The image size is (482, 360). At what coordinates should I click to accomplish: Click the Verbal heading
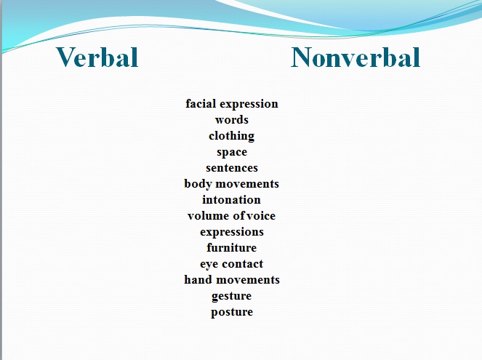(x=97, y=57)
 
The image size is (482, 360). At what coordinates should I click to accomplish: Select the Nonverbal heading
(x=356, y=57)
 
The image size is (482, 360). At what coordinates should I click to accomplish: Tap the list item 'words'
(x=232, y=119)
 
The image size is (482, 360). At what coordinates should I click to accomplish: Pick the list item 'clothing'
(x=232, y=136)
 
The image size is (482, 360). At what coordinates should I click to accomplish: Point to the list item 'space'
(x=232, y=152)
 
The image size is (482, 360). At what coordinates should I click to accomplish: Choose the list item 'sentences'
(x=232, y=168)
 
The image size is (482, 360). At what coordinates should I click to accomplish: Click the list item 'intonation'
(x=231, y=199)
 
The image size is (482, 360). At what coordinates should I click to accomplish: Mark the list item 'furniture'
(x=232, y=247)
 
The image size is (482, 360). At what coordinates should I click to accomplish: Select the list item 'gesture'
(x=231, y=296)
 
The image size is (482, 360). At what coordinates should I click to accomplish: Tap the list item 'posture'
(x=232, y=312)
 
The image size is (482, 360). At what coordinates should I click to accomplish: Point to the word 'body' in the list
(x=198, y=184)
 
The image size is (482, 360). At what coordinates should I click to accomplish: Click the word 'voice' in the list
(x=261, y=215)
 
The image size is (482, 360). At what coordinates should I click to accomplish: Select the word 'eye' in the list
(x=209, y=264)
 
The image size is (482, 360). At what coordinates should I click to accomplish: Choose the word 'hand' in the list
(x=198, y=279)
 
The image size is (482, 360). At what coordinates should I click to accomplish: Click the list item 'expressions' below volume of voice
(x=232, y=232)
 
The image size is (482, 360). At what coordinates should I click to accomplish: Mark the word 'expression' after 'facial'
(x=249, y=104)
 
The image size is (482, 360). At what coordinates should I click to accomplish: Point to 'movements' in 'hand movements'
(x=248, y=280)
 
